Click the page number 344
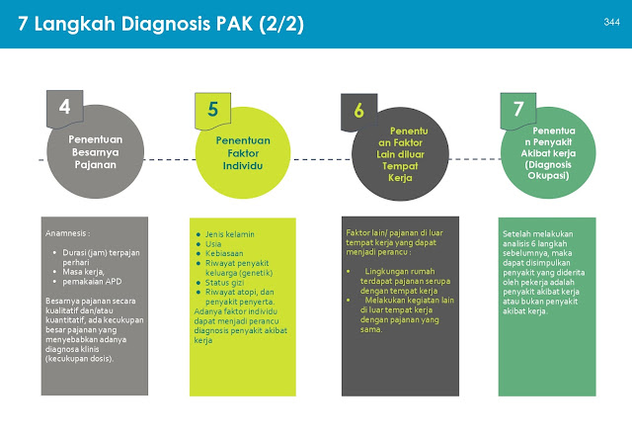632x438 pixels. [610, 21]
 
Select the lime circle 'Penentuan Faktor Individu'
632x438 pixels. [243, 155]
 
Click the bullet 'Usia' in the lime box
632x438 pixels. [212, 243]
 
